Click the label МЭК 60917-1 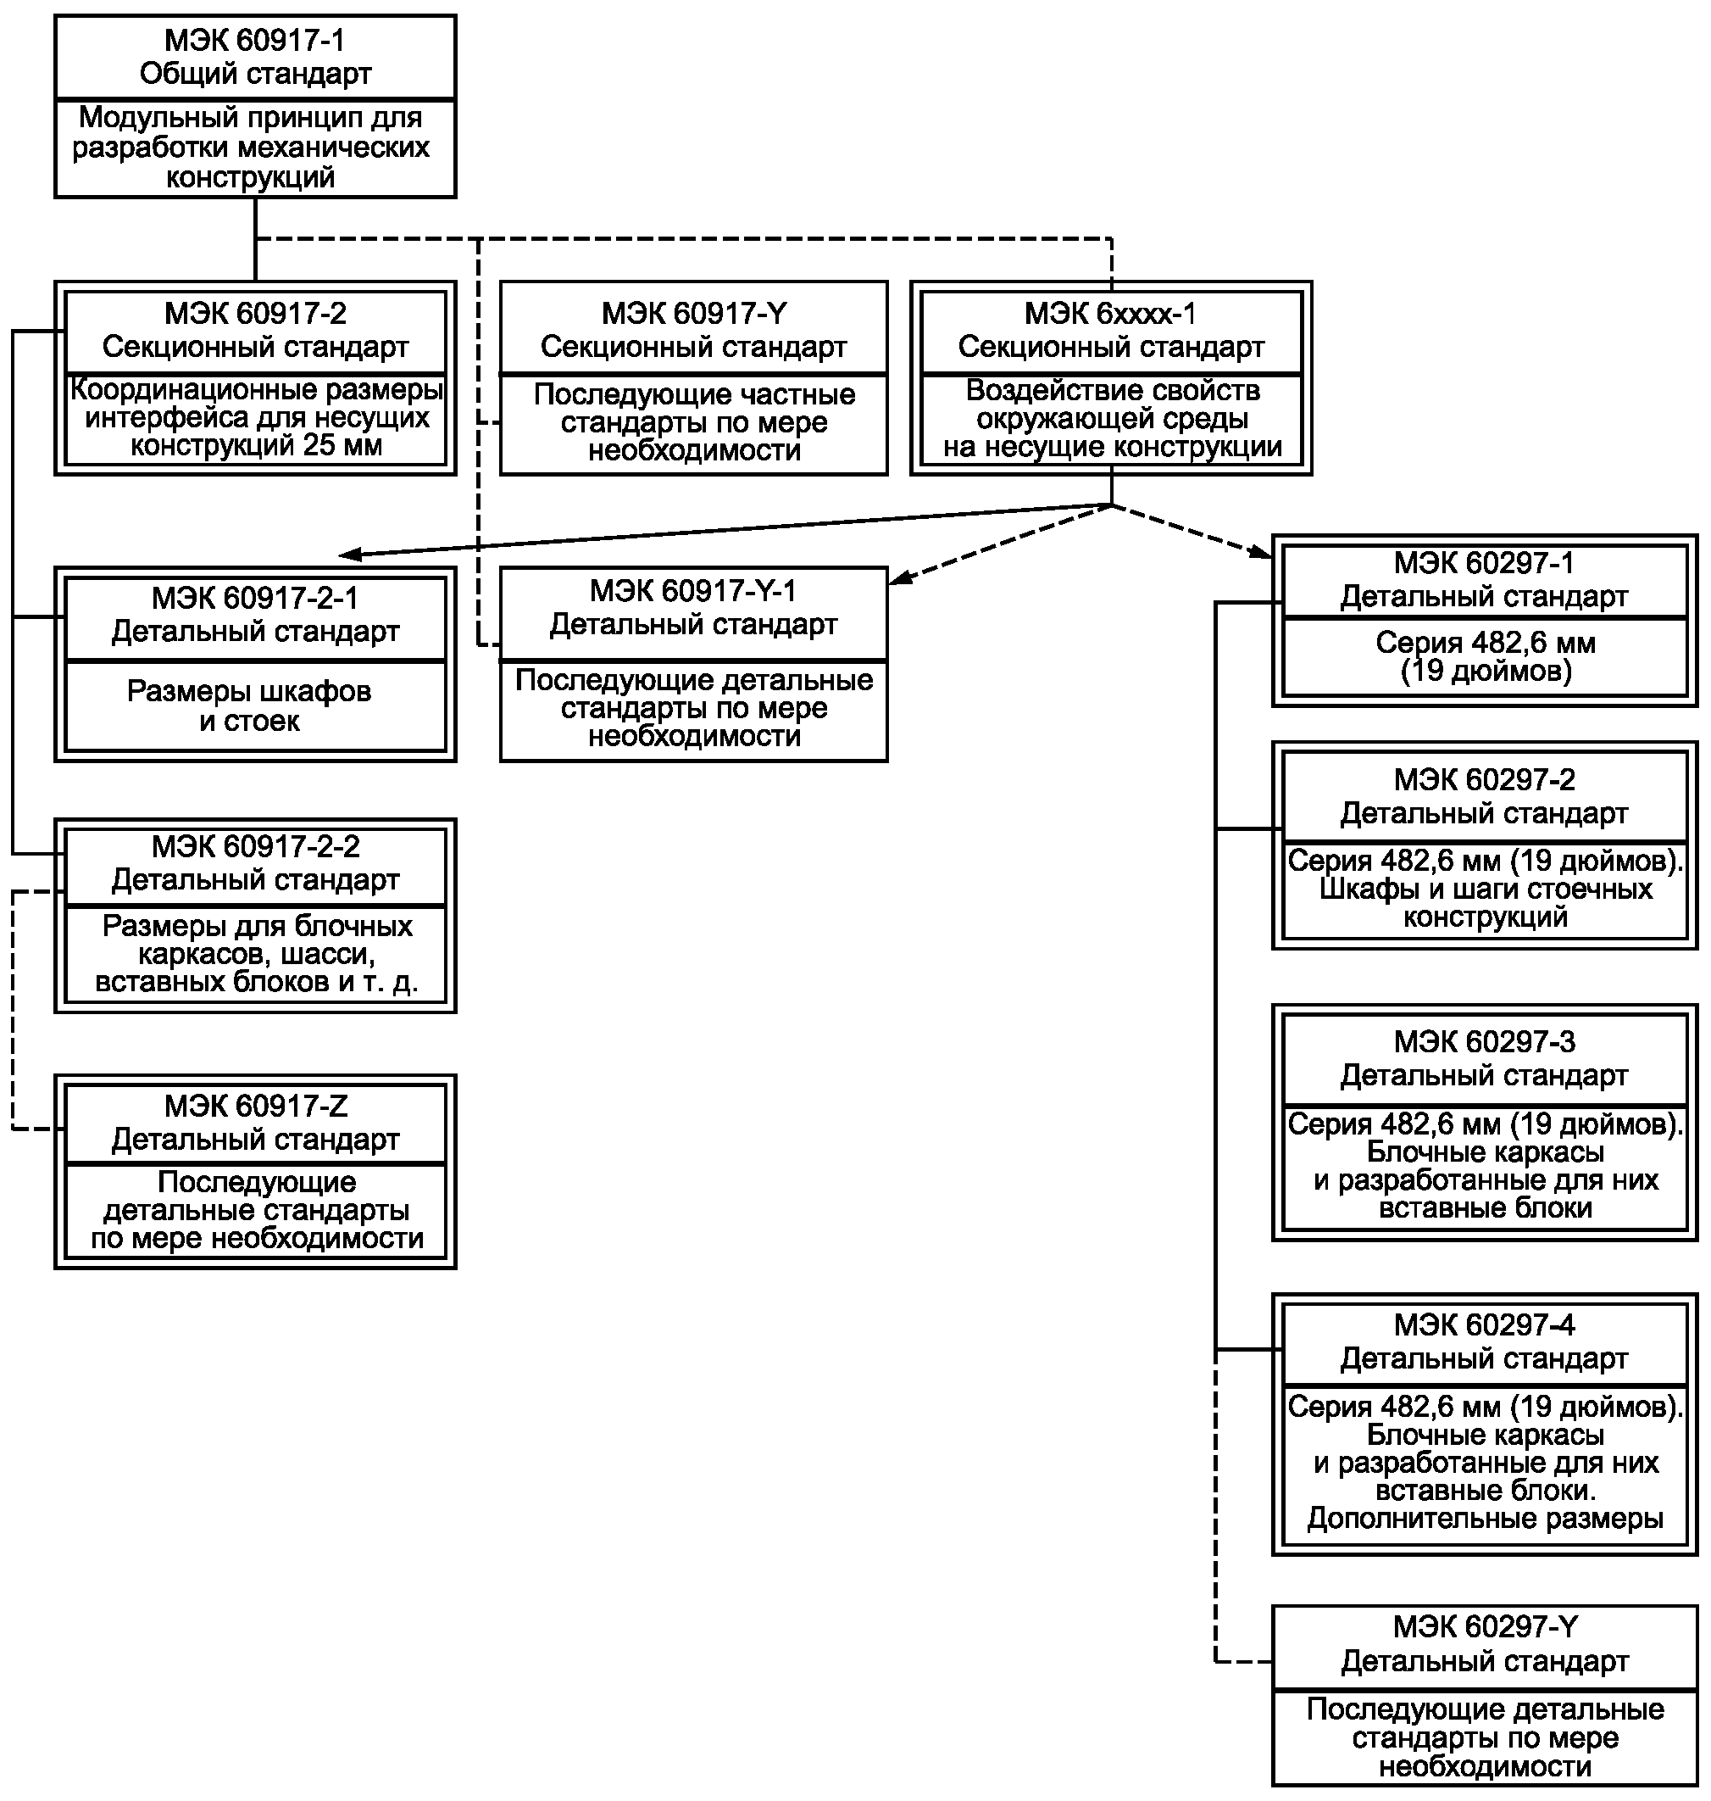254,40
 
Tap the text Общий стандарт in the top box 255,74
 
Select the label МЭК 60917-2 255,314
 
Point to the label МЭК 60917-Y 693,314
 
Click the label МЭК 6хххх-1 1110,314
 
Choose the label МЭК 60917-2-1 255,599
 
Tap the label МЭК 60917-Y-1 693,591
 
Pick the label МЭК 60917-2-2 255,847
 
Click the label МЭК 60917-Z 255,1107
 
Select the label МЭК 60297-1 1484,563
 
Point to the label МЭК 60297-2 1484,780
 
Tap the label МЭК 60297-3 1484,1042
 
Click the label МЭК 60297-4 1484,1324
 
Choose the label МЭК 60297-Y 1485,1626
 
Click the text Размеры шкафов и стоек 249,706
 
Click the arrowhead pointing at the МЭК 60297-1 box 1262,551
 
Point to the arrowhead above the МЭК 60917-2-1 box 350,554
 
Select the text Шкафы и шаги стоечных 1485,889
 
